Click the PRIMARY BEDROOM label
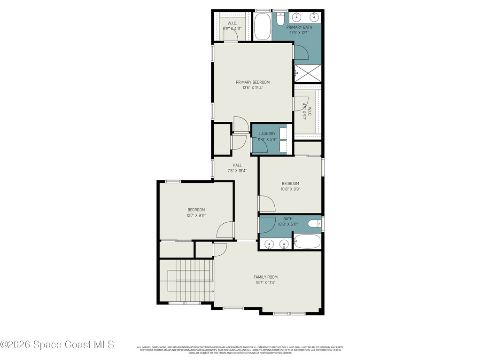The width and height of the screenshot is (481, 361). point(253,82)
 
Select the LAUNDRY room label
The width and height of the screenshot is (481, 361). point(267,134)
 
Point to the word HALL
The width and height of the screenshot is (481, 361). point(237,165)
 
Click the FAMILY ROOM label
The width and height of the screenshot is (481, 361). point(265,277)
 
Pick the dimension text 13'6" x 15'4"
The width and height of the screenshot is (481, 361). point(253,88)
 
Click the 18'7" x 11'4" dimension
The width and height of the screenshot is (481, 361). point(265,283)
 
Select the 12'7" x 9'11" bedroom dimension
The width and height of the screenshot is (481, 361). point(196,215)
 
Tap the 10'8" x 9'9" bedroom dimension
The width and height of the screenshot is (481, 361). point(290,189)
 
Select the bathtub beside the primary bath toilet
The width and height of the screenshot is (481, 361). point(262,26)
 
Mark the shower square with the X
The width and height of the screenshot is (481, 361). point(307,73)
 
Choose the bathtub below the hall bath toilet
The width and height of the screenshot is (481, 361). point(307,242)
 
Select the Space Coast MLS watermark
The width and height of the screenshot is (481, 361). point(57,345)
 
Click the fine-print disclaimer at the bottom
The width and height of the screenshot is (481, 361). point(240,350)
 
